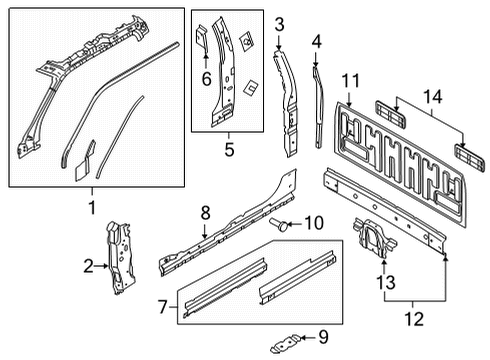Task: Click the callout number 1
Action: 92,207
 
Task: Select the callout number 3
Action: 280,24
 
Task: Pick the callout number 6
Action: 206,76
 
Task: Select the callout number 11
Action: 350,80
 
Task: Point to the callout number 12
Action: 412,319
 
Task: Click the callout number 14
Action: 431,97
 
